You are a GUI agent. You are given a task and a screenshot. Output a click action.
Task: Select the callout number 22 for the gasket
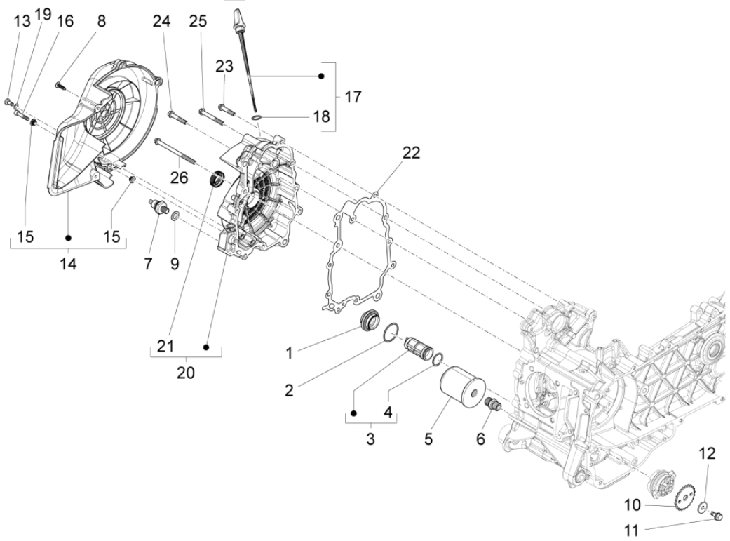pos(411,153)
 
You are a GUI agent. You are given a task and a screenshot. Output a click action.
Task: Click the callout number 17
pos(353,96)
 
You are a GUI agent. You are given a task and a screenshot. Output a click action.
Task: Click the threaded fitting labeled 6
pos(492,406)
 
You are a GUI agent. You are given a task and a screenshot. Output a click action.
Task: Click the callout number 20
pos(185,373)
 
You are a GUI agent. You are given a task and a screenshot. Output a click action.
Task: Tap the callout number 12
pos(707,454)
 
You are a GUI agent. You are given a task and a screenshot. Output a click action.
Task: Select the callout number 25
pos(198,22)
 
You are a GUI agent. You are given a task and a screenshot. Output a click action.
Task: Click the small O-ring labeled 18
pos(257,114)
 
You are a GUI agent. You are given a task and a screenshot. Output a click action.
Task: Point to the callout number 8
pos(102,21)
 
